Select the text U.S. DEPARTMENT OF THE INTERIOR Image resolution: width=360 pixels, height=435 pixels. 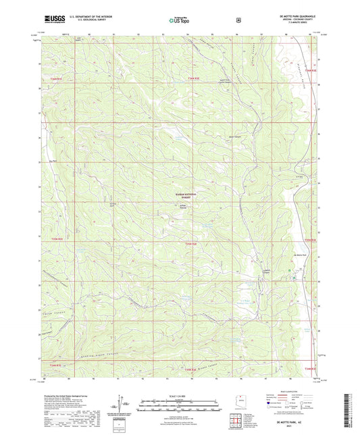[x=84, y=17]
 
